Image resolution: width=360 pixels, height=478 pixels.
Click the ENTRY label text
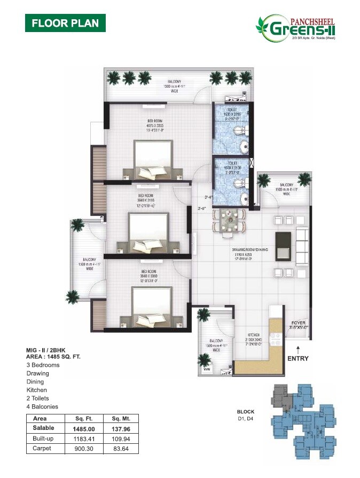click(x=298, y=358)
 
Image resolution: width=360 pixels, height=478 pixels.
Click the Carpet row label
click(x=42, y=449)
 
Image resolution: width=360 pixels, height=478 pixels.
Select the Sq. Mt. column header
click(x=121, y=419)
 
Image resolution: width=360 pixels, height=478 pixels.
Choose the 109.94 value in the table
click(x=121, y=439)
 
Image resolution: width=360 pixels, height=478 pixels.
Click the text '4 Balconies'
click(x=42, y=406)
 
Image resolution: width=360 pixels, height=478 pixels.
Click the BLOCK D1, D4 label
click(x=246, y=416)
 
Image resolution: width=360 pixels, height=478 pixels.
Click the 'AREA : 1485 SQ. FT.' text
click(x=53, y=356)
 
